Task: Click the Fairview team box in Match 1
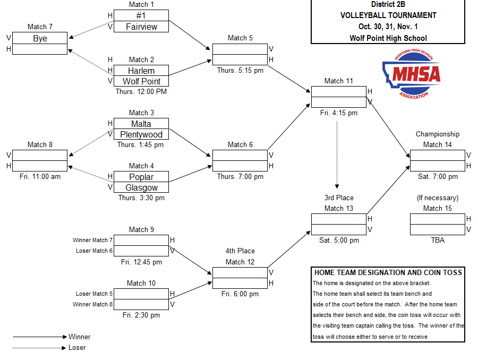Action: [x=141, y=27]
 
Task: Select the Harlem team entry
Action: [x=141, y=71]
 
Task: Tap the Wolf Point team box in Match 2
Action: [x=141, y=81]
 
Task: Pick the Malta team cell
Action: [x=141, y=124]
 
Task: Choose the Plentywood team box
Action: [x=141, y=134]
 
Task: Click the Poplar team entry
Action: [x=141, y=177]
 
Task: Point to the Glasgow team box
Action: [x=141, y=187]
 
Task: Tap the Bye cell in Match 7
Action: [x=40, y=38]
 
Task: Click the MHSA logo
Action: [x=412, y=75]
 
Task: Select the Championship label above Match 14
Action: [x=438, y=134]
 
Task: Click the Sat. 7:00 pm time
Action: [x=438, y=177]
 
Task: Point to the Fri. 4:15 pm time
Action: [x=339, y=113]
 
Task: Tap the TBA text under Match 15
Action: [x=438, y=241]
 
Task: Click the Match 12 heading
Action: [x=240, y=262]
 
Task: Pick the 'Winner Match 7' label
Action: [x=92, y=241]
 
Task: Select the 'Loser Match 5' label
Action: [x=92, y=294]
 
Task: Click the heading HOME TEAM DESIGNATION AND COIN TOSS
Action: [x=388, y=272]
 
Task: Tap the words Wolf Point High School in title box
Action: [x=388, y=38]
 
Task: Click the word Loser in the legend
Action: [x=77, y=348]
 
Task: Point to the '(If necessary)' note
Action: [x=438, y=198]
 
